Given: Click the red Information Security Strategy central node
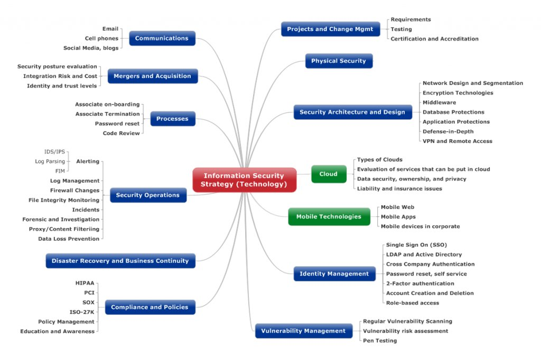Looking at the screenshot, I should pyautogui.click(x=244, y=180).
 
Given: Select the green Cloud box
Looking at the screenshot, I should pyautogui.click(x=328, y=174).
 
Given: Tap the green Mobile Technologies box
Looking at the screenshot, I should pyautogui.click(x=329, y=216).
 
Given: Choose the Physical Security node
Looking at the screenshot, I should pyautogui.click(x=339, y=61).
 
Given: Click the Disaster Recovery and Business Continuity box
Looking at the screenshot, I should pyautogui.click(x=120, y=261).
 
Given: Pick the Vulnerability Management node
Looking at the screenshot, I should pyautogui.click(x=303, y=331).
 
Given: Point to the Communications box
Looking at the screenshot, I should pyautogui.click(x=162, y=38).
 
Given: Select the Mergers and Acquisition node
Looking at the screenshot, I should pyautogui.click(x=152, y=76).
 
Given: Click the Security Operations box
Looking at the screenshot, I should pyautogui.click(x=147, y=195).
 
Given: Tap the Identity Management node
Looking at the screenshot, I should pyautogui.click(x=334, y=274).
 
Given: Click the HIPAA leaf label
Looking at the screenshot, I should pyautogui.click(x=85, y=283).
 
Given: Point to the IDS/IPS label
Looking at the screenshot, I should pyautogui.click(x=54, y=151).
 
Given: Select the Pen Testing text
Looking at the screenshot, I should pyautogui.click(x=380, y=340).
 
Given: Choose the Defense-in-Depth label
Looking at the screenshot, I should pyautogui.click(x=448, y=131).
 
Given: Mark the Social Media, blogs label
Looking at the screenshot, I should pyautogui.click(x=91, y=48).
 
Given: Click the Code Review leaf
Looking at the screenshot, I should pyautogui.click(x=121, y=133).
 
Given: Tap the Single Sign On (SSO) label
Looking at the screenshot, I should pyautogui.click(x=416, y=245).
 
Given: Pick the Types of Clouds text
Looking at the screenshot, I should pyautogui.click(x=379, y=159).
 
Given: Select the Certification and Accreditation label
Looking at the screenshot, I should pyautogui.click(x=434, y=39).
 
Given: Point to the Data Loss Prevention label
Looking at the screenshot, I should pyautogui.click(x=69, y=239).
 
